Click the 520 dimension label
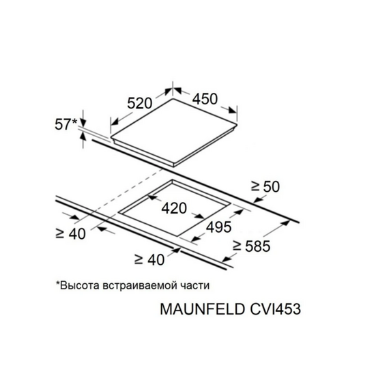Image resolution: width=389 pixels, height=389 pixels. [x=139, y=103]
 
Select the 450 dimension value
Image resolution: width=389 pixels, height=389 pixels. [x=205, y=99]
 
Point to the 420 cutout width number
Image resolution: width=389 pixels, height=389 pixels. [x=174, y=208]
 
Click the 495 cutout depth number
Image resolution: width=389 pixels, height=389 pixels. [x=219, y=227]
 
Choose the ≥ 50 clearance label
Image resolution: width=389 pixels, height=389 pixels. [x=265, y=186]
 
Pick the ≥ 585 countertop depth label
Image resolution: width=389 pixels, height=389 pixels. [x=251, y=246]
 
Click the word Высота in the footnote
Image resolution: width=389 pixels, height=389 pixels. [x=80, y=285]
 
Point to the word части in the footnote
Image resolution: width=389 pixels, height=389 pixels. [x=194, y=286]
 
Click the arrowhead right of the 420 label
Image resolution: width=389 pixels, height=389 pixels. [x=199, y=216]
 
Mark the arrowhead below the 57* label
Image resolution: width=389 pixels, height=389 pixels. [x=83, y=136]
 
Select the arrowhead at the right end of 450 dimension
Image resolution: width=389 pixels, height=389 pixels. [x=232, y=111]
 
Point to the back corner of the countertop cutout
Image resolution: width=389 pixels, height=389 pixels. [x=172, y=180]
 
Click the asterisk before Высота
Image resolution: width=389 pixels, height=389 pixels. [x=58, y=283]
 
